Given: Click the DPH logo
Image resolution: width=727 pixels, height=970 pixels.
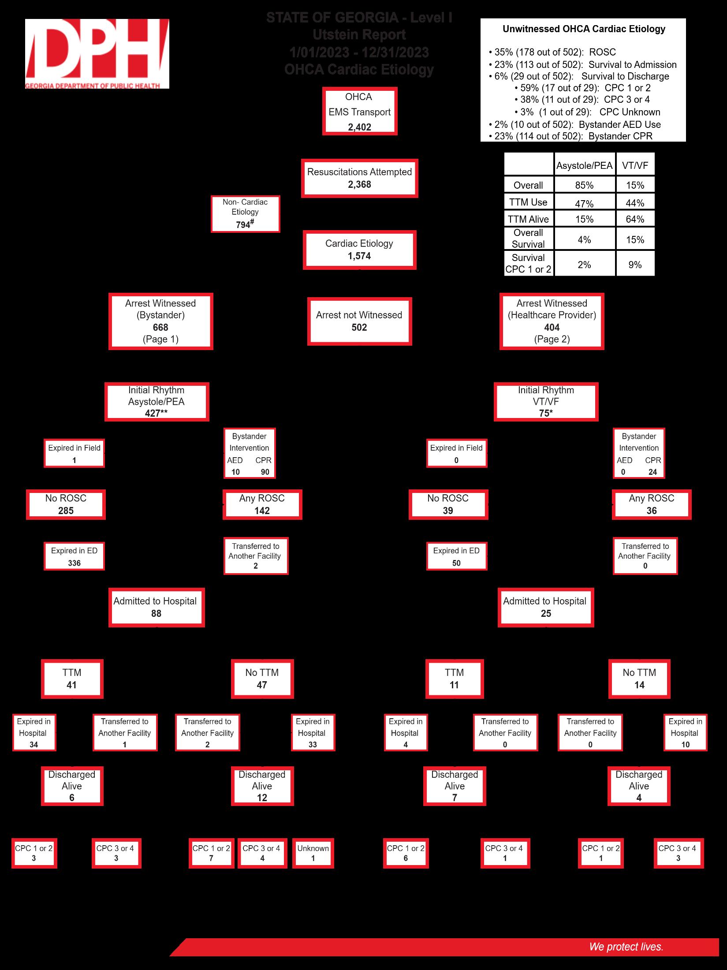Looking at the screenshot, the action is click(x=97, y=53).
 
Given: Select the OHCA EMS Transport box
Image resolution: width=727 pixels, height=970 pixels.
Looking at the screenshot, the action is click(x=360, y=112).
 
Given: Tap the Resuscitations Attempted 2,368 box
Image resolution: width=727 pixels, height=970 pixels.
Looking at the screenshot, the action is click(x=359, y=178).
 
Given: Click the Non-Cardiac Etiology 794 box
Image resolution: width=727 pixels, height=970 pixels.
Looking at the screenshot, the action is click(x=245, y=213).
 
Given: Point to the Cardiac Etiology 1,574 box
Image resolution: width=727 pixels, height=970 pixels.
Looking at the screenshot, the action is click(x=359, y=250).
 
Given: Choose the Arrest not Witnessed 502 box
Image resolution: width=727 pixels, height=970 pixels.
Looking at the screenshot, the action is click(x=359, y=321).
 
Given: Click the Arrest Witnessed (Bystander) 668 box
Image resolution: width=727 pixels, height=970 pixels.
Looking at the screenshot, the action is click(x=160, y=321).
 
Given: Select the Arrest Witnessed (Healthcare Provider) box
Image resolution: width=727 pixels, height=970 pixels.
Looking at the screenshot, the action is click(x=552, y=321).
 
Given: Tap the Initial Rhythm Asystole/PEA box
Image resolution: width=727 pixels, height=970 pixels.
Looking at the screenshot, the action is click(x=157, y=401).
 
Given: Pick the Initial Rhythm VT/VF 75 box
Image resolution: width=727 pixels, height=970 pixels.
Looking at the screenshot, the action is click(x=546, y=401).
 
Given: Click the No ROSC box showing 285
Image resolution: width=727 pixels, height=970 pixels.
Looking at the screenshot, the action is click(x=66, y=504).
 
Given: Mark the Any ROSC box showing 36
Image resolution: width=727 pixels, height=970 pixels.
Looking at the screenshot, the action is click(x=652, y=504).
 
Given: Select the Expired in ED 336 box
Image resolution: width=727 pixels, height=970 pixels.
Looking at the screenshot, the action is click(x=74, y=556).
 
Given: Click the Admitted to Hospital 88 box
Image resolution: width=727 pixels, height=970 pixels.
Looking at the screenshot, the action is click(x=156, y=607).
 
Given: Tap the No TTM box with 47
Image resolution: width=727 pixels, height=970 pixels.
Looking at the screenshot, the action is click(x=262, y=679).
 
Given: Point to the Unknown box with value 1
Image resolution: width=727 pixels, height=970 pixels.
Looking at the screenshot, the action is click(x=313, y=853).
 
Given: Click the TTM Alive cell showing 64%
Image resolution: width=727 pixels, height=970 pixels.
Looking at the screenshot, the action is click(x=635, y=219).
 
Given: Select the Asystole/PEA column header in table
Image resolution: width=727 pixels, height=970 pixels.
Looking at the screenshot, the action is click(x=584, y=165).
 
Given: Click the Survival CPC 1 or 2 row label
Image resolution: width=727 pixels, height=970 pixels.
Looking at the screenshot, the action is click(x=528, y=263).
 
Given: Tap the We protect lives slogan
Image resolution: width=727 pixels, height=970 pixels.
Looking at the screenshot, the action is click(x=626, y=947).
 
